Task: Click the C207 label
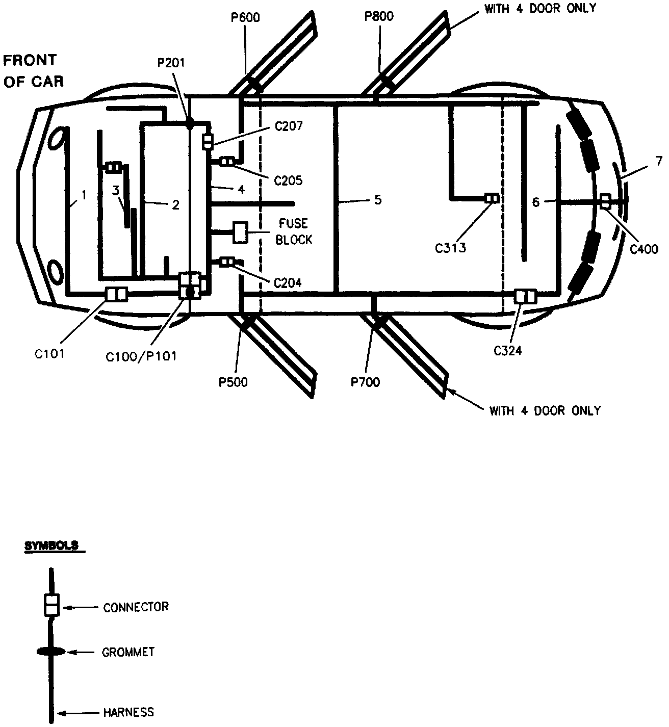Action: point(289,126)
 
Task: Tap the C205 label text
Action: point(288,180)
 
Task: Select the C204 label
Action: point(288,282)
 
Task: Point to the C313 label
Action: point(451,248)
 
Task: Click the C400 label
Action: point(644,249)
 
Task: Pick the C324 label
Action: point(507,351)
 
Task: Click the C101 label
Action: point(49,354)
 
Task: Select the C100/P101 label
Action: point(141,356)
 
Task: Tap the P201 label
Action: point(171,63)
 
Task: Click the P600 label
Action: point(245,18)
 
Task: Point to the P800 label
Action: point(379,16)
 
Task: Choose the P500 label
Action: point(233,382)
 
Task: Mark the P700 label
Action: point(365,382)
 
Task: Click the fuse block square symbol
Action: point(240,232)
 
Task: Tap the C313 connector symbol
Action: point(492,198)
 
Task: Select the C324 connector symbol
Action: point(526,296)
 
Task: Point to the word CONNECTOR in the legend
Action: point(136,607)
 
